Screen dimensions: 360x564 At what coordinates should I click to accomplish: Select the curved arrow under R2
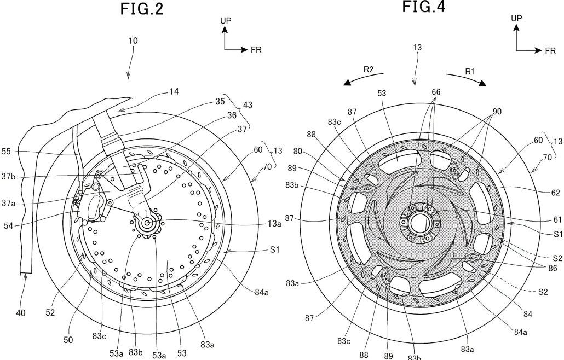coord(362,80)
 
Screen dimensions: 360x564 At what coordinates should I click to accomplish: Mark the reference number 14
coord(174,91)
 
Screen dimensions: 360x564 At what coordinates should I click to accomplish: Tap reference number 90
coord(496,112)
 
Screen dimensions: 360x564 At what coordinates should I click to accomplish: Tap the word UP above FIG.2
coord(225,20)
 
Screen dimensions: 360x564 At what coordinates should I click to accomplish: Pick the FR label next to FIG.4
coord(550,50)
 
